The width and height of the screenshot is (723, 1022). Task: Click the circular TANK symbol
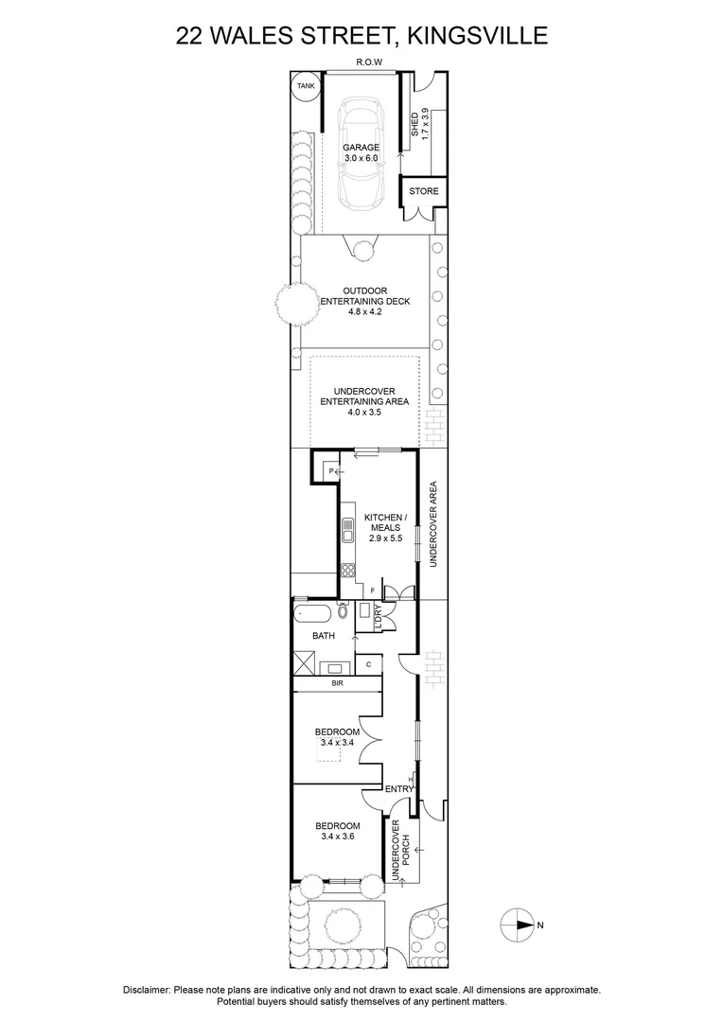[305, 86]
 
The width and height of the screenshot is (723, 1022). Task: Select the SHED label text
[414, 125]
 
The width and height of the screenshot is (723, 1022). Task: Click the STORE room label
[423, 191]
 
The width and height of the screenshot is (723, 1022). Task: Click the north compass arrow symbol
[519, 925]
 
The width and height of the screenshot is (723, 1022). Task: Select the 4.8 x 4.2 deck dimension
[361, 312]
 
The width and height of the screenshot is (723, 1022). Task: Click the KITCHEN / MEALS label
[385, 522]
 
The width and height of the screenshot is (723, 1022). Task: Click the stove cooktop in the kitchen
[347, 570]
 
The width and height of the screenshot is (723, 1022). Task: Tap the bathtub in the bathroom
[315, 613]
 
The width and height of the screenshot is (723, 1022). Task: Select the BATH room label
[324, 637]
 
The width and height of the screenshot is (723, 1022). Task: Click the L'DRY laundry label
[378, 617]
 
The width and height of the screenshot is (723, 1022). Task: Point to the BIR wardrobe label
[336, 681]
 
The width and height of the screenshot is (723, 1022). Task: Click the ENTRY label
[397, 788]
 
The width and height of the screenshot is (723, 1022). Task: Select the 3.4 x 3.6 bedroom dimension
[339, 837]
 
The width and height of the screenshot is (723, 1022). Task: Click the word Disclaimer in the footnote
[146, 990]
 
